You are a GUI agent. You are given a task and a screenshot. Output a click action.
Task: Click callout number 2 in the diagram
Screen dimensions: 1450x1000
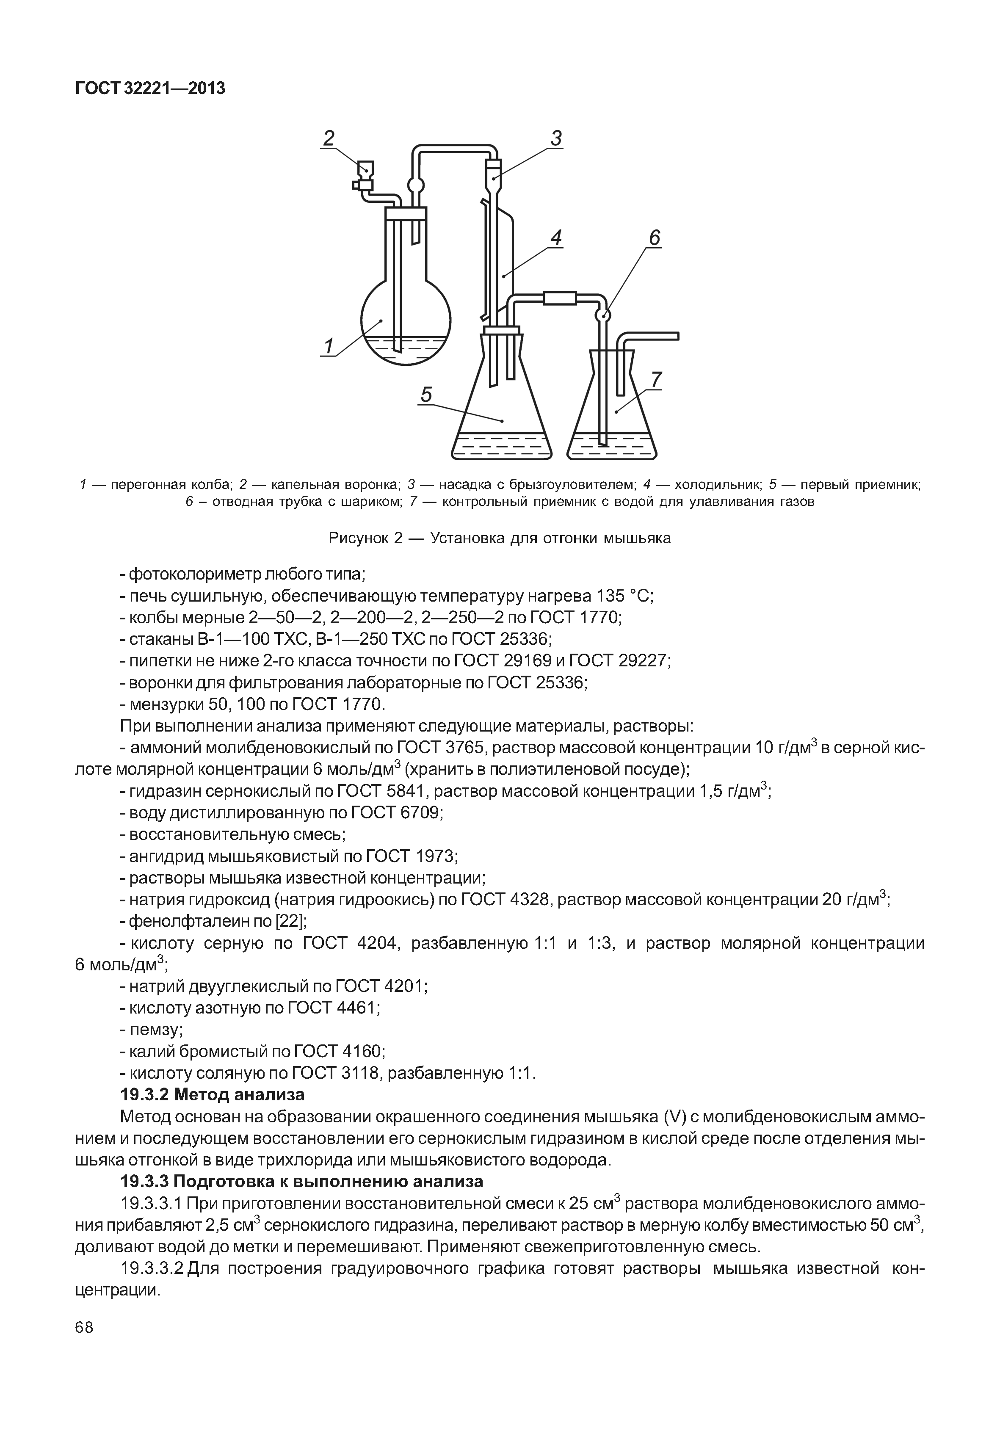pyautogui.click(x=328, y=138)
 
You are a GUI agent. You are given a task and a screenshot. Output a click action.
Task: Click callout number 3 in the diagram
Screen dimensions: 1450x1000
pyautogui.click(x=556, y=138)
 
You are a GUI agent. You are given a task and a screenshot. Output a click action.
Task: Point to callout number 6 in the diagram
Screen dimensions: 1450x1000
pyautogui.click(x=654, y=238)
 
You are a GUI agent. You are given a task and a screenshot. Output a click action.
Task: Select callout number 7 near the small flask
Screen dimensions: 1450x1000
pyautogui.click(x=656, y=379)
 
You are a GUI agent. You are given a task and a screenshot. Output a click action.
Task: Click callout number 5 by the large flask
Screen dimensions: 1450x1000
pyautogui.click(x=426, y=395)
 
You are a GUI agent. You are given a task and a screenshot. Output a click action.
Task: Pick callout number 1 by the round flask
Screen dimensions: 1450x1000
pyautogui.click(x=328, y=345)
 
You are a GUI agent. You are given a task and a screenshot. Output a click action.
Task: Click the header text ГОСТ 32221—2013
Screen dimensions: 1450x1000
pyautogui.click(x=150, y=89)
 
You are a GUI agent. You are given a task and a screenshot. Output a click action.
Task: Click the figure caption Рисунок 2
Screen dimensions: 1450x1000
pyautogui.click(x=500, y=538)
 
